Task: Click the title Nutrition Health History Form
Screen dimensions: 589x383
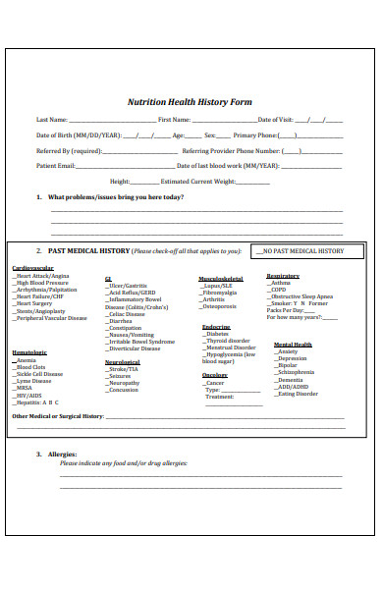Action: point(191,101)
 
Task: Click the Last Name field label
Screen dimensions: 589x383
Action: point(53,120)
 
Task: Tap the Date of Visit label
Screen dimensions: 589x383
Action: point(279,120)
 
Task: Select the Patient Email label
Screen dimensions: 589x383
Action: point(56,166)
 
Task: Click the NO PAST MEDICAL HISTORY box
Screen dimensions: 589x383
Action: point(299,251)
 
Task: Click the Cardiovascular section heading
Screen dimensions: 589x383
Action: point(32,267)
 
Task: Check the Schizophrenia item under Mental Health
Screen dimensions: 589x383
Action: point(296,372)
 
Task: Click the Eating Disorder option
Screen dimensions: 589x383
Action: point(297,394)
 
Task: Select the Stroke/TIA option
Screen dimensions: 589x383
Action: point(125,369)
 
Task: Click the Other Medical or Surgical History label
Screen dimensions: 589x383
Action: point(57,416)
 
